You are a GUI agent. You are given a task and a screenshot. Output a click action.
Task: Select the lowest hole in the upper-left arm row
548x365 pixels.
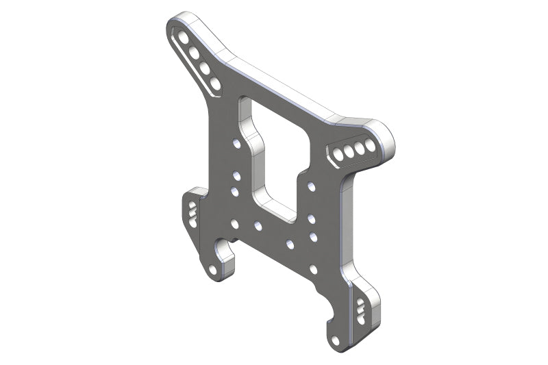[x=215, y=84]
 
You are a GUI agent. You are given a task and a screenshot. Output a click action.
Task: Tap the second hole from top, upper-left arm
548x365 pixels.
[x=194, y=52]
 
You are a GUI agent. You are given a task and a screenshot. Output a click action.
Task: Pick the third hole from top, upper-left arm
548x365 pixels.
[x=205, y=68]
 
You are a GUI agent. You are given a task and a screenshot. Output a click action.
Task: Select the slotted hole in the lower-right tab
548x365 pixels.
[x=360, y=311]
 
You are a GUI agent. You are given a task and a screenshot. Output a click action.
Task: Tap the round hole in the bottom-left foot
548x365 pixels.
[x=213, y=270]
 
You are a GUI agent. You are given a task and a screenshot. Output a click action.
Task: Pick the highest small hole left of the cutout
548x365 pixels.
[x=236, y=143]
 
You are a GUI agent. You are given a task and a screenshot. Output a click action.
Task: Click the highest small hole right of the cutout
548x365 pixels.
[x=312, y=186]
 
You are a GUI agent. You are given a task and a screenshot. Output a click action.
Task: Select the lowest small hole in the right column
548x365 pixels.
[x=313, y=269]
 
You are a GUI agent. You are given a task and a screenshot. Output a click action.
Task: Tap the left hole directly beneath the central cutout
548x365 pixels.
[x=258, y=225]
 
